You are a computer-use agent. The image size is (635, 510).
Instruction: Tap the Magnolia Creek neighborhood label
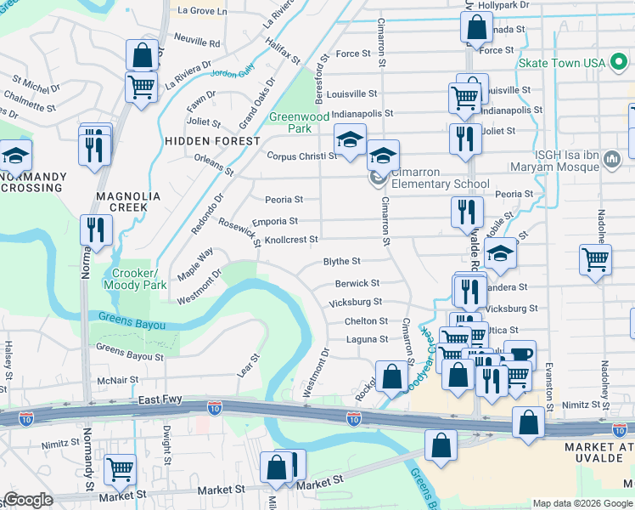coord(128,201)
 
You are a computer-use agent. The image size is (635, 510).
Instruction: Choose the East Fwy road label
coord(158,399)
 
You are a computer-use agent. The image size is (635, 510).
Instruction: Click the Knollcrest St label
coord(290,240)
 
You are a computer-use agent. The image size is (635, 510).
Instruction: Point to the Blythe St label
coord(342,262)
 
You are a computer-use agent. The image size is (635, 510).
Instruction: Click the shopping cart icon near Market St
coord(121,468)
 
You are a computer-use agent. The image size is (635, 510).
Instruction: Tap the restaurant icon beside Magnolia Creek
coord(96,229)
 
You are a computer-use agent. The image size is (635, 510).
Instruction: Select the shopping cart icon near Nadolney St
coord(596,259)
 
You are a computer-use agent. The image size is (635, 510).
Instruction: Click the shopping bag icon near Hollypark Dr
coord(477,27)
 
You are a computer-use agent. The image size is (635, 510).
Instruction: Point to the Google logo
coord(27,499)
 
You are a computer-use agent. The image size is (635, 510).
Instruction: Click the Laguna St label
coord(367,340)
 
